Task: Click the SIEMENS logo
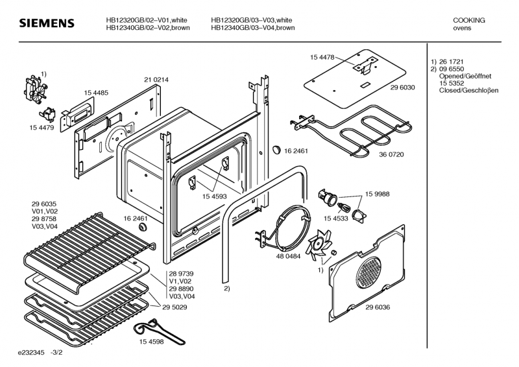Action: pyautogui.click(x=46, y=25)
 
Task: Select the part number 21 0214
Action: pyautogui.click(x=156, y=80)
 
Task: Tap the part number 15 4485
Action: pyautogui.click(x=95, y=93)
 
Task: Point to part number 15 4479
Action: pyautogui.click(x=42, y=128)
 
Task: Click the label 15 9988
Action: pyautogui.click(x=378, y=194)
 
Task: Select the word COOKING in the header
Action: pyautogui.click(x=468, y=21)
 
